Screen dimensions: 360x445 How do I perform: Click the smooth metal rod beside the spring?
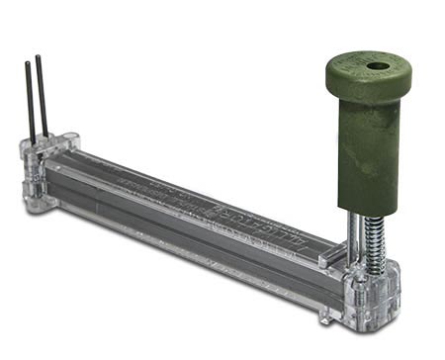[353, 237]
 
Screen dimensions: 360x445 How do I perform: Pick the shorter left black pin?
[31, 104]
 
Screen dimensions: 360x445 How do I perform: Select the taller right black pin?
[43, 99]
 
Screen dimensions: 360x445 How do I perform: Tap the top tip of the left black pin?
[28, 65]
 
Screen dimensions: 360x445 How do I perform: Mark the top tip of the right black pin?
[39, 57]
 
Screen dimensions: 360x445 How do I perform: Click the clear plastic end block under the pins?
[38, 178]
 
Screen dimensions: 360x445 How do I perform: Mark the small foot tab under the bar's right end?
[326, 317]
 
